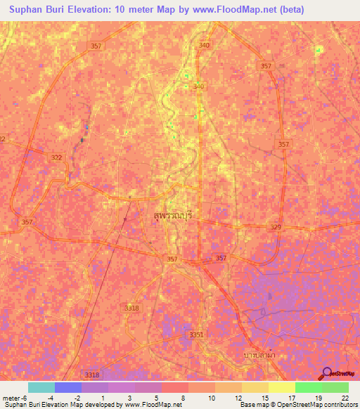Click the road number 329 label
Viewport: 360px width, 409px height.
tap(276, 227)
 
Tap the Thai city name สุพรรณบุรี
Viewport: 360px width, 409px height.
tap(176, 217)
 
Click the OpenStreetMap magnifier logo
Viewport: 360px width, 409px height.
tap(326, 373)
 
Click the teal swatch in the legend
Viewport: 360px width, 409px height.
tap(41, 387)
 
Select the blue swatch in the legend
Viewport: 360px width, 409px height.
tap(67, 387)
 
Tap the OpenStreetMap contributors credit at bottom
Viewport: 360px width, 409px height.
tap(298, 405)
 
